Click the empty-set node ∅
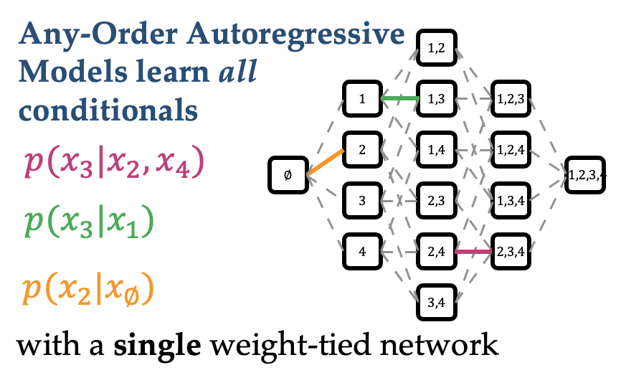288,175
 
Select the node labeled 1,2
437,48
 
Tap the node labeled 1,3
437,98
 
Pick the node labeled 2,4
437,251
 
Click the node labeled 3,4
437,301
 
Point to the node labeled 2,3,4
512,251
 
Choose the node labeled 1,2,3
512,98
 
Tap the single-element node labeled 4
362,251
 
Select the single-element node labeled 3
362,200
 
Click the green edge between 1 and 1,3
399,98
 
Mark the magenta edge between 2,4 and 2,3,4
474,251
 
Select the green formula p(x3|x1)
90,224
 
